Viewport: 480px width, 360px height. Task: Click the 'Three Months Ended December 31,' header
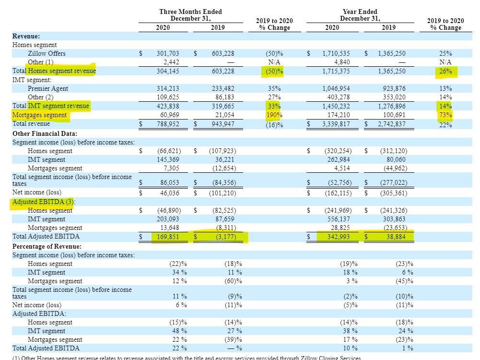[190, 15]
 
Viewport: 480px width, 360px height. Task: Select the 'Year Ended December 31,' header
[360, 15]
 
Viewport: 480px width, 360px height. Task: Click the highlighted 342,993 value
[336, 237]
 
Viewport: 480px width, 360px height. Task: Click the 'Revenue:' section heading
[26, 36]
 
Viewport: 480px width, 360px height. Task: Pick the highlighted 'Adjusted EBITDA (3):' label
[43, 202]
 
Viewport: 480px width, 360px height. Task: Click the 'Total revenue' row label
[31, 124]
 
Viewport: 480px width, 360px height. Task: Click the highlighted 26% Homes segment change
[445, 72]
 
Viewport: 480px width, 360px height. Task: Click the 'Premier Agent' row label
[48, 89]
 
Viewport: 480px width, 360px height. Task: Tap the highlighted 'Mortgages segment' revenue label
[40, 115]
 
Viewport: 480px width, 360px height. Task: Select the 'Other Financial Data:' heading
[45, 133]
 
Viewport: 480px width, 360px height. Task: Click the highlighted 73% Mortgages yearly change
[445, 115]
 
